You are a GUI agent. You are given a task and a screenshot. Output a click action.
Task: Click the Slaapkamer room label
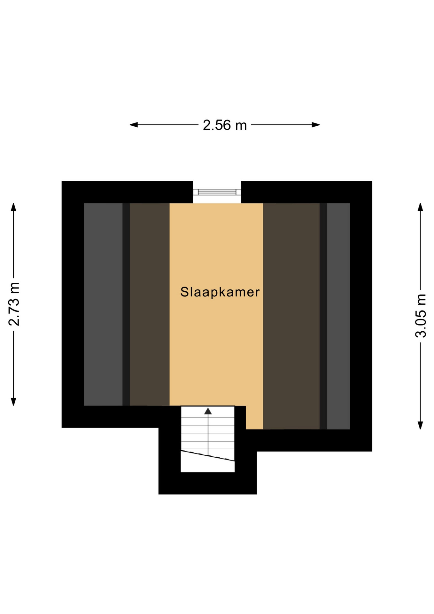pyautogui.click(x=220, y=292)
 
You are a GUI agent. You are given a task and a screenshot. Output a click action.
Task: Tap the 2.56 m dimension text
pyautogui.click(x=225, y=125)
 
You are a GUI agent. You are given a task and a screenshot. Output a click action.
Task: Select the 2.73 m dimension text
pyautogui.click(x=14, y=304)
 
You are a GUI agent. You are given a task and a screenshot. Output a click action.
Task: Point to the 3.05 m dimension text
pyautogui.click(x=421, y=316)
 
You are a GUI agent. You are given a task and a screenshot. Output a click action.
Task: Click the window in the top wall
pyautogui.click(x=217, y=192)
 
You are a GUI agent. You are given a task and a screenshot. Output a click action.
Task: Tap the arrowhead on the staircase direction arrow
pyautogui.click(x=208, y=411)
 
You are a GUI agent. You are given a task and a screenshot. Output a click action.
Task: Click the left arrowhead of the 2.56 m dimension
pyautogui.click(x=134, y=125)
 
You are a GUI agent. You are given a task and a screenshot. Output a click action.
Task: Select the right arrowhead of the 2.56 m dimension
pyautogui.click(x=316, y=125)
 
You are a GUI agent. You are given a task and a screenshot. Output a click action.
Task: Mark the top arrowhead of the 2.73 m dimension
pyautogui.click(x=13, y=207)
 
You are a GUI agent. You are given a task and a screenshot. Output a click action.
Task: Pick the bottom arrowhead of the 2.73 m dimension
pyautogui.click(x=13, y=402)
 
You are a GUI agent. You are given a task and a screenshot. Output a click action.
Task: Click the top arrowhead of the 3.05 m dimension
pyautogui.click(x=421, y=207)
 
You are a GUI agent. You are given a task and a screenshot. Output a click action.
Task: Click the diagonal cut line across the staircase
pyautogui.click(x=208, y=455)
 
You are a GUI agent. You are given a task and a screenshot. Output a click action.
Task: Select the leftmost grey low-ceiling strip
pyautogui.click(x=103, y=304)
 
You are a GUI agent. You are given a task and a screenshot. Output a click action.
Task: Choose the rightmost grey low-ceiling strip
pyautogui.click(x=338, y=316)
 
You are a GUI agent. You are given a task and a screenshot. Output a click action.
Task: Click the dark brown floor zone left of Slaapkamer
pyautogui.click(x=150, y=304)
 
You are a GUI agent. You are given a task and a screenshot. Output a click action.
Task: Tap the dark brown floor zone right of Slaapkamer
pyautogui.click(x=291, y=316)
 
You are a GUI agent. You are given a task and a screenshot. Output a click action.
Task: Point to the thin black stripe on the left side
pyautogui.click(x=126, y=304)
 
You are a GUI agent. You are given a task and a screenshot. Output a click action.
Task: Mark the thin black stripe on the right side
pyautogui.click(x=323, y=316)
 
